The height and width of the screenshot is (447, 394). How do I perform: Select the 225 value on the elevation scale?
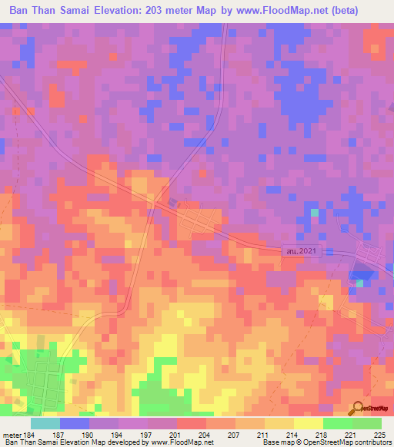(379, 435)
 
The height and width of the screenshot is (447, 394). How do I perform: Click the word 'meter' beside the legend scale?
(12, 435)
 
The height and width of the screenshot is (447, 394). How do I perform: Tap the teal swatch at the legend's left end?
(45, 423)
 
